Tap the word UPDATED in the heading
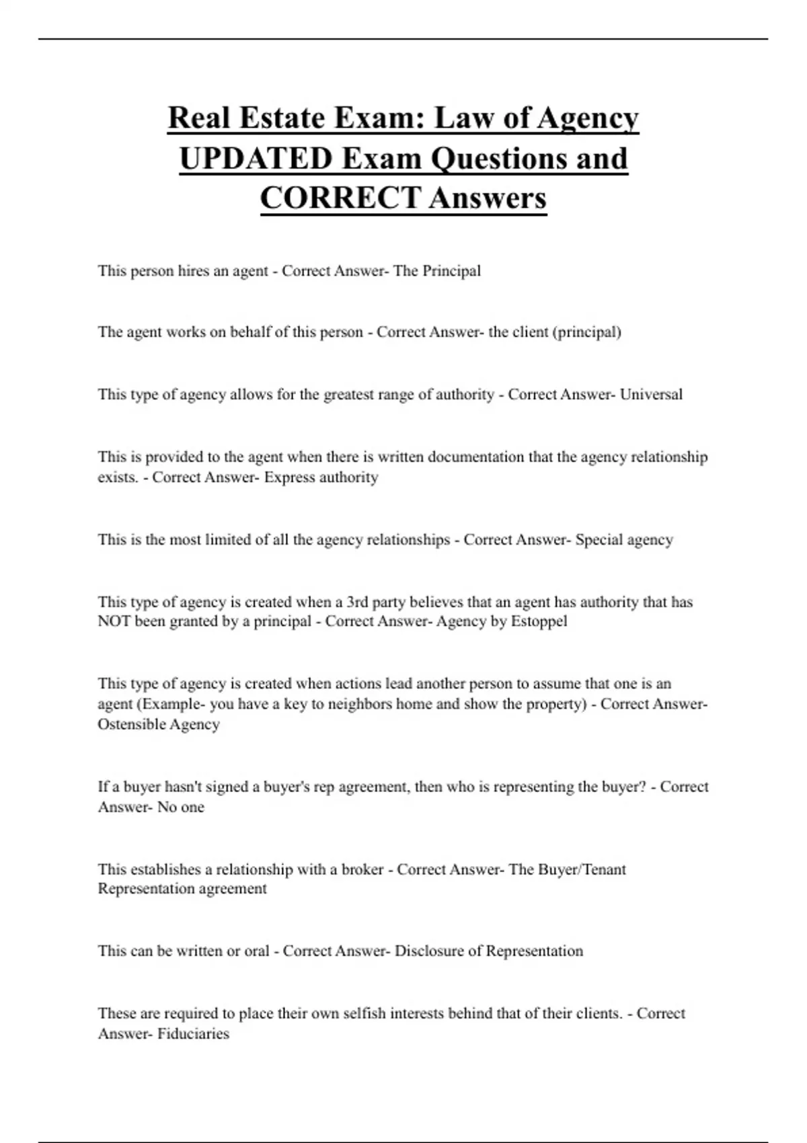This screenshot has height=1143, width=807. point(256,159)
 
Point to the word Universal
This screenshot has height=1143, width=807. point(650,394)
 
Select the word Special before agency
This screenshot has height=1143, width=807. point(599,540)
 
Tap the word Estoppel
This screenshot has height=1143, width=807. point(539,621)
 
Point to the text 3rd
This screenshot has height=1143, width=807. point(357,602)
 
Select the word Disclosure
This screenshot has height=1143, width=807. point(428,951)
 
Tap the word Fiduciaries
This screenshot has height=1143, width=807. point(193,1033)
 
